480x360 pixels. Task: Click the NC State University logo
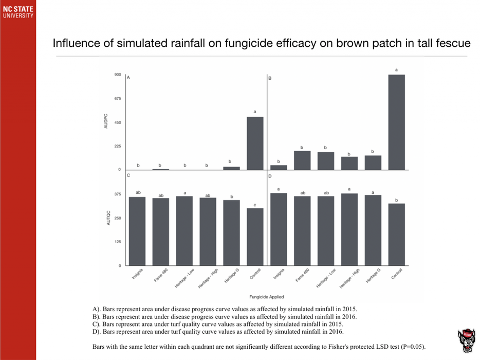(17, 12)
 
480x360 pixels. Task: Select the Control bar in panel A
(255, 143)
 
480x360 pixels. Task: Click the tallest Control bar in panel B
(396, 122)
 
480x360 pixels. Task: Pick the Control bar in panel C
(255, 237)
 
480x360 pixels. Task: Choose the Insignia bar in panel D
(279, 229)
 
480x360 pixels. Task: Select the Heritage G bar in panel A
(231, 168)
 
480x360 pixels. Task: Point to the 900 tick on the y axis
(118, 75)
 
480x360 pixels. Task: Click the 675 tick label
(118, 99)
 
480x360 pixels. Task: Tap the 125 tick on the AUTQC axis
(118, 242)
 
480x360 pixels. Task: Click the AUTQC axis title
(108, 218)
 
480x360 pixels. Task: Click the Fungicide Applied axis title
(266, 297)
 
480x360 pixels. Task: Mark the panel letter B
(270, 78)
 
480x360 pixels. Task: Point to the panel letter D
(270, 176)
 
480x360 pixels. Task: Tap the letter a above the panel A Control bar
(255, 112)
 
